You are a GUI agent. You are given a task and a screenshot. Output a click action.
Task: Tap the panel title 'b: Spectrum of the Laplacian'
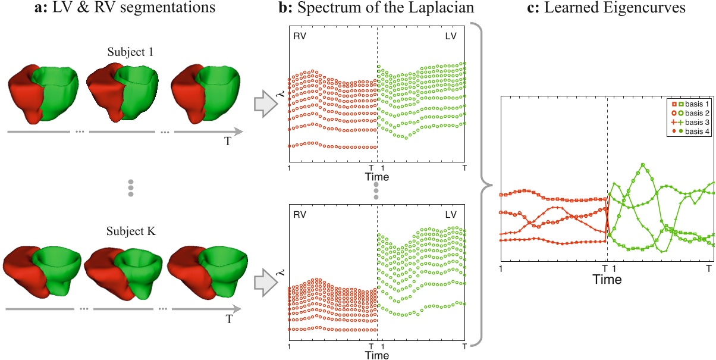pyautogui.click(x=376, y=8)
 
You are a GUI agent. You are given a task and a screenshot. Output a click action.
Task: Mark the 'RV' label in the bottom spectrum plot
pyautogui.click(x=299, y=212)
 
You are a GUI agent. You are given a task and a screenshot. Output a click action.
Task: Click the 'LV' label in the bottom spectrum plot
pyautogui.click(x=454, y=212)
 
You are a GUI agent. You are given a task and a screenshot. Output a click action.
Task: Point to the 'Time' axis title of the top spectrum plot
pyautogui.click(x=376, y=177)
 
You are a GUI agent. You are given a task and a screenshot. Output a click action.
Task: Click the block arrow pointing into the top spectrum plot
pyautogui.click(x=265, y=105)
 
